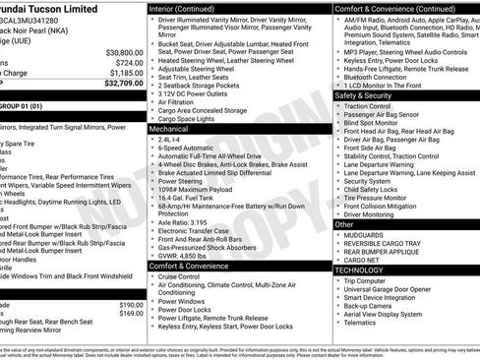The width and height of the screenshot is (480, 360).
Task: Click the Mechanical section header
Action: point(169,129)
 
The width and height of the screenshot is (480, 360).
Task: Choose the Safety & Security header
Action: point(364,95)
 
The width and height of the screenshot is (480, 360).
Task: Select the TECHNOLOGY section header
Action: point(358,270)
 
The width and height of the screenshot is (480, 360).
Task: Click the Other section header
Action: point(345,225)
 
